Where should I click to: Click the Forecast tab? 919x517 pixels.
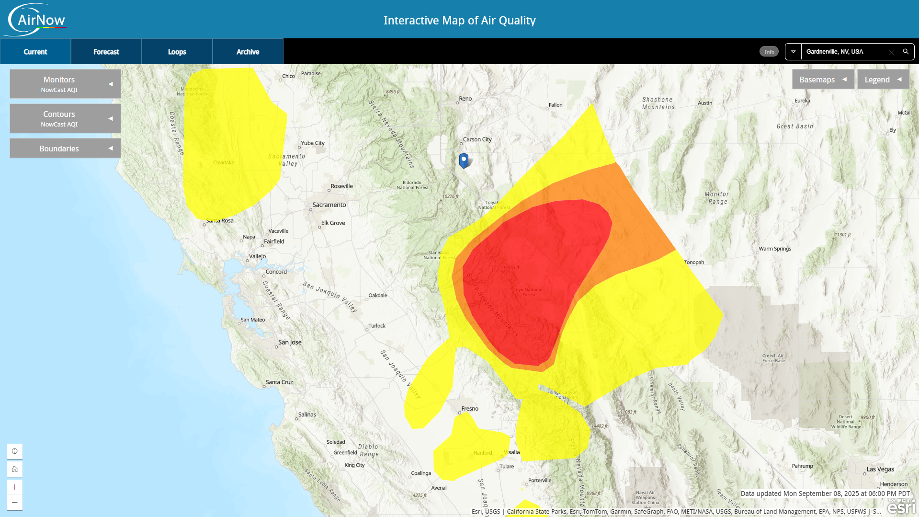tap(106, 52)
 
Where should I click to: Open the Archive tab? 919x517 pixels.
tap(248, 52)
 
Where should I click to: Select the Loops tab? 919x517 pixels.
tap(177, 52)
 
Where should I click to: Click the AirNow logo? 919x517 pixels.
tap(36, 20)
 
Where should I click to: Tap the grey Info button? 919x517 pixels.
tap(769, 52)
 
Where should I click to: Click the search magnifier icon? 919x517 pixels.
tap(906, 51)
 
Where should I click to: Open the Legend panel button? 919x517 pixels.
tap(883, 80)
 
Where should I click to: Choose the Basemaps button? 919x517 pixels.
tap(823, 80)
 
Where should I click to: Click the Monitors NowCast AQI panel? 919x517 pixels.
tap(65, 84)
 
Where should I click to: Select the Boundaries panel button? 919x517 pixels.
tap(65, 149)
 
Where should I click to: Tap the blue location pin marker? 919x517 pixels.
tap(464, 161)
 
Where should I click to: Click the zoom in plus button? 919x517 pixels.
tap(15, 487)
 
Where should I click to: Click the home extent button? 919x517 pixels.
tap(15, 469)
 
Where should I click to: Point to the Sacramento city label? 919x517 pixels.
tap(329, 205)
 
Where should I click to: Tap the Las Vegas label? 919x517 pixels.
tap(880, 469)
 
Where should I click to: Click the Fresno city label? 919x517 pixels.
tap(470, 409)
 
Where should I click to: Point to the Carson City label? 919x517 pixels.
tap(477, 139)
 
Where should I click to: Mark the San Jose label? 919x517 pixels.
tap(290, 342)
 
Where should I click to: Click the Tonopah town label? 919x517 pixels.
tap(694, 262)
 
